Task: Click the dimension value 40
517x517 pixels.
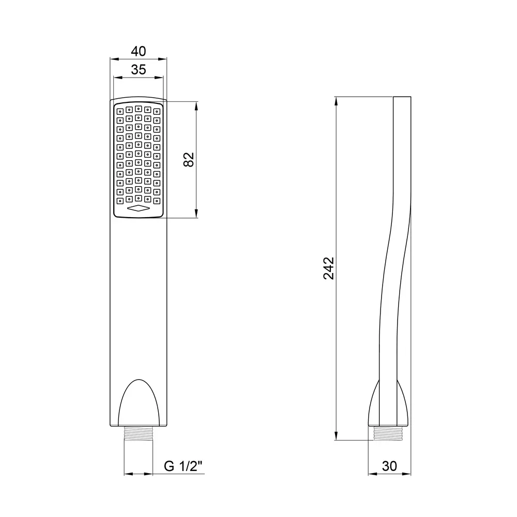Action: (139, 51)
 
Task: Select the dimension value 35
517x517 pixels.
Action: (139, 70)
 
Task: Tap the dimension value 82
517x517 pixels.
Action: (189, 160)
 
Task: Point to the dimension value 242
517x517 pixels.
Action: (328, 268)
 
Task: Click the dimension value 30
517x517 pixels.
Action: (389, 466)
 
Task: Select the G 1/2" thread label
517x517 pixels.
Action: (183, 466)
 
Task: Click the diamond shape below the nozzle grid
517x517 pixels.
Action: (139, 208)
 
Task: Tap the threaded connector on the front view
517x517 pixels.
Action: (139, 433)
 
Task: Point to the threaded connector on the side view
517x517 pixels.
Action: (389, 433)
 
